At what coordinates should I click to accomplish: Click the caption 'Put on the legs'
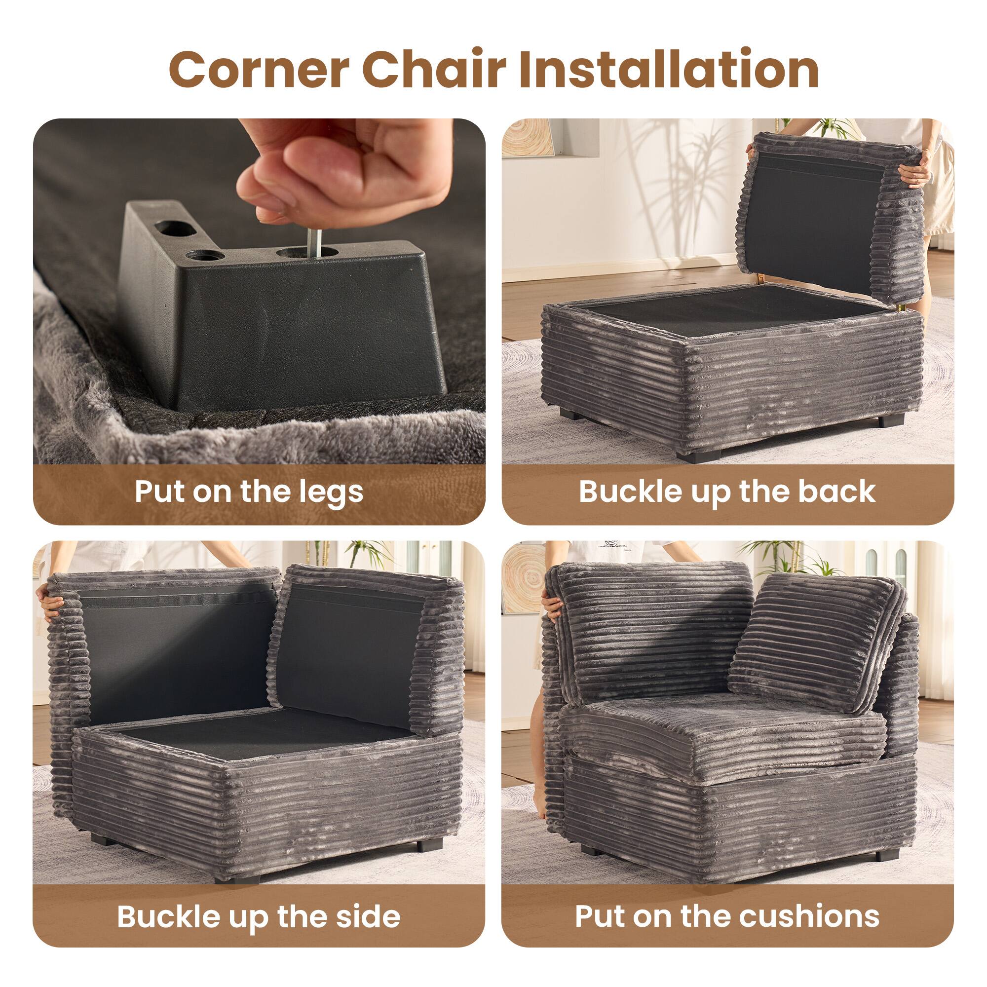[x=249, y=492]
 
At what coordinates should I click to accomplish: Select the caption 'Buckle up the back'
[x=727, y=492]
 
